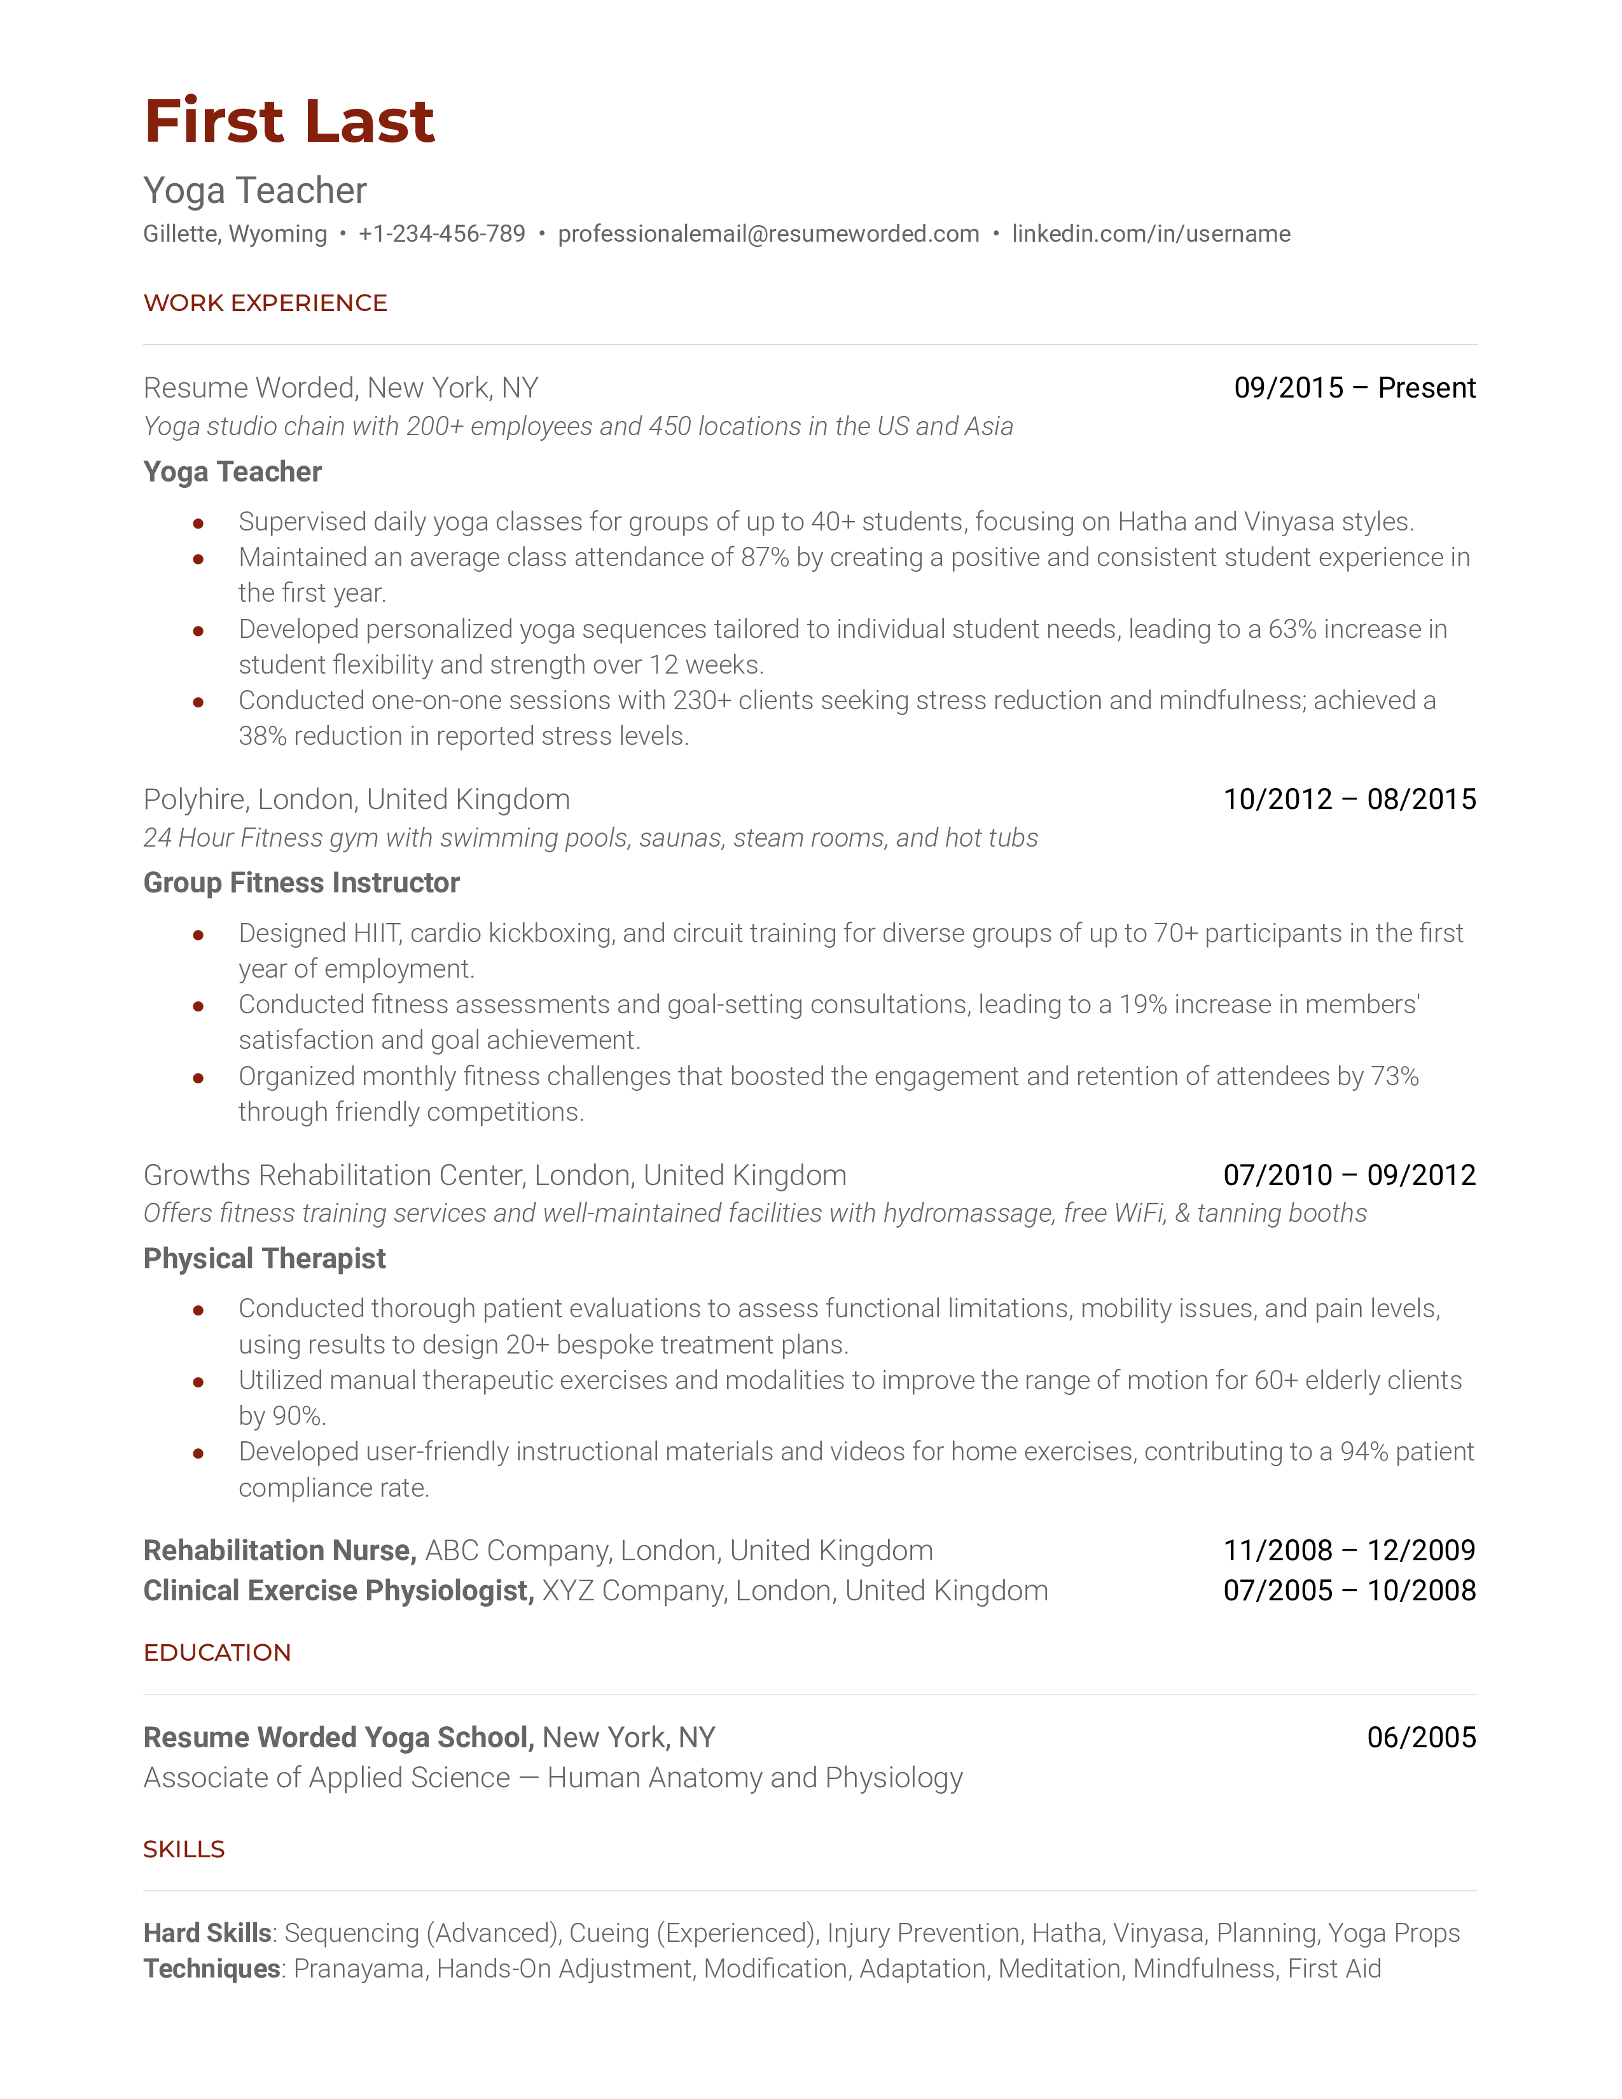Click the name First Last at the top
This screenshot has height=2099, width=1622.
pos(289,122)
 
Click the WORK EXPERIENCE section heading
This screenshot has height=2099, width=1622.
pos(265,303)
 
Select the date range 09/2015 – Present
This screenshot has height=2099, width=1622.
pos(1354,388)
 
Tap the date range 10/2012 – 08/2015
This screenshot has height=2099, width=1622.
pos(1349,800)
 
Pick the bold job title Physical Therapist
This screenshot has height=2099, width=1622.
pos(264,1259)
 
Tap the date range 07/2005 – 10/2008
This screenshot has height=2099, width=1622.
pos(1349,1591)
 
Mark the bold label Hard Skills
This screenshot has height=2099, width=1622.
pos(207,1934)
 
